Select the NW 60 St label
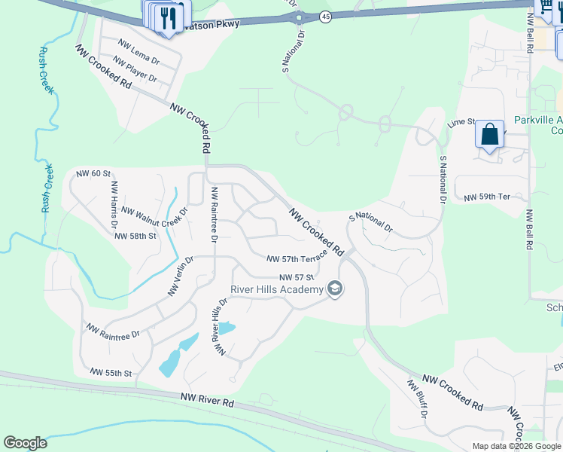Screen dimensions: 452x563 (93, 174)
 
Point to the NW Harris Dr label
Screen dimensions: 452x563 (114, 204)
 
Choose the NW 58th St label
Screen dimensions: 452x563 (135, 236)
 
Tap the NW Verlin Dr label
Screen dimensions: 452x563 (181, 276)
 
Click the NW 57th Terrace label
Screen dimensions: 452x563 (297, 258)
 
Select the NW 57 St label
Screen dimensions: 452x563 (295, 277)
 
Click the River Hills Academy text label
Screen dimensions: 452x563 (276, 289)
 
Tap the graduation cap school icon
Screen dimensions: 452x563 (335, 289)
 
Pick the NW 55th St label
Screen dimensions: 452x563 (111, 373)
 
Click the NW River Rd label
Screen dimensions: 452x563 (207, 399)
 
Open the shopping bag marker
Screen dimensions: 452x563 (489, 136)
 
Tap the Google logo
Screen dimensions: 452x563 (25, 443)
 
